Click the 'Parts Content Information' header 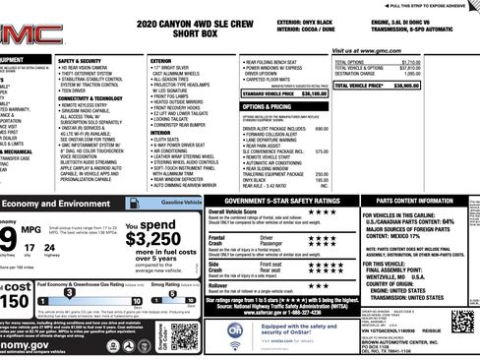click(417, 200)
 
